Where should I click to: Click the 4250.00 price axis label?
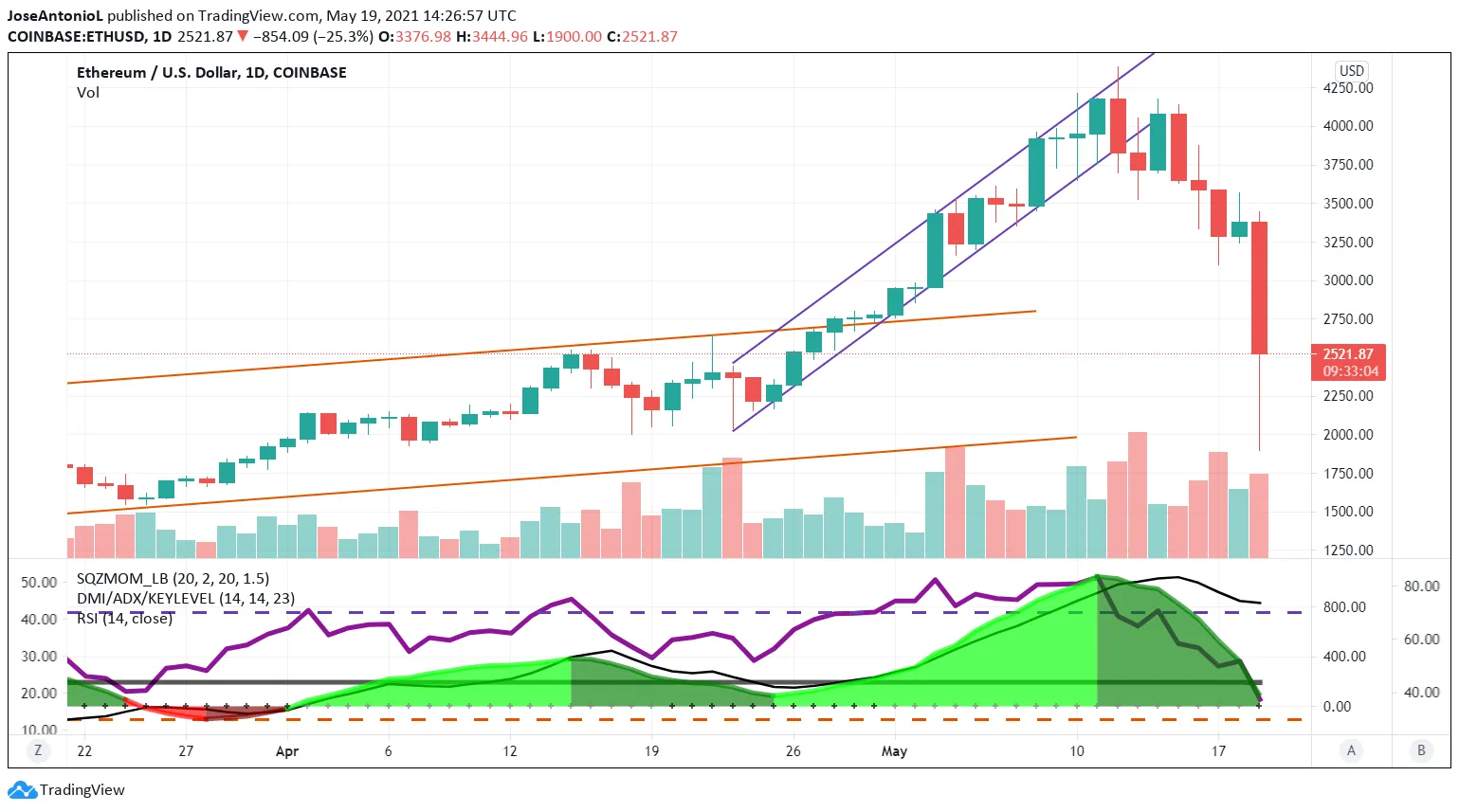(x=1347, y=88)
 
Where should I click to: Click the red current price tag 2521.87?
(x=1348, y=362)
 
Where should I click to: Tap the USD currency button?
(x=1351, y=71)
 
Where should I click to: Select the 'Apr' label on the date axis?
(x=286, y=751)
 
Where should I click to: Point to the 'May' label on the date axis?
(x=894, y=751)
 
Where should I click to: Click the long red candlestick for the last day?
(x=1259, y=287)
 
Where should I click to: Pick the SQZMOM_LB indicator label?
(x=173, y=579)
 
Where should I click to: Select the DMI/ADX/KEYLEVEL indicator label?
(x=185, y=599)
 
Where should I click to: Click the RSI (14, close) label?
(x=124, y=619)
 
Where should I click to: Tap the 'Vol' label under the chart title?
(x=88, y=93)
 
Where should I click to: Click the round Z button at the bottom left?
(x=38, y=750)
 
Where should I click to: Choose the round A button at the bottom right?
(x=1351, y=750)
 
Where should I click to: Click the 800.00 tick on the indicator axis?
(x=1344, y=607)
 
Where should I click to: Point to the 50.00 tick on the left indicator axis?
(x=39, y=583)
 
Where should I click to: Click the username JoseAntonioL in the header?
(x=54, y=16)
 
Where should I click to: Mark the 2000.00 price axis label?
(x=1347, y=435)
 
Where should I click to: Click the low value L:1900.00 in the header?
(x=567, y=37)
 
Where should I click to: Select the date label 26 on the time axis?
(x=793, y=751)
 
